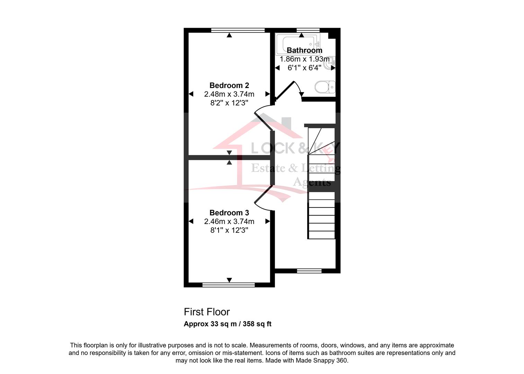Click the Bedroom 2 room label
click(x=229, y=86)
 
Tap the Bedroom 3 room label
click(x=229, y=213)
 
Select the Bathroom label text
click(x=304, y=50)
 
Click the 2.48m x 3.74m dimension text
click(x=229, y=94)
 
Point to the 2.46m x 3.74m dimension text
click(x=229, y=221)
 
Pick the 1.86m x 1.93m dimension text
click(x=304, y=59)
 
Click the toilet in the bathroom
click(x=325, y=87)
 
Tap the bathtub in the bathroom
click(x=298, y=44)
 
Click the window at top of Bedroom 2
click(x=238, y=30)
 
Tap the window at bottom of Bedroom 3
click(x=229, y=285)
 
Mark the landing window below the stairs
click(x=309, y=271)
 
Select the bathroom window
click(x=308, y=30)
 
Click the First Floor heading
click(x=207, y=312)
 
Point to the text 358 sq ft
click(x=257, y=324)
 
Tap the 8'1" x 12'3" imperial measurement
click(x=229, y=230)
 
